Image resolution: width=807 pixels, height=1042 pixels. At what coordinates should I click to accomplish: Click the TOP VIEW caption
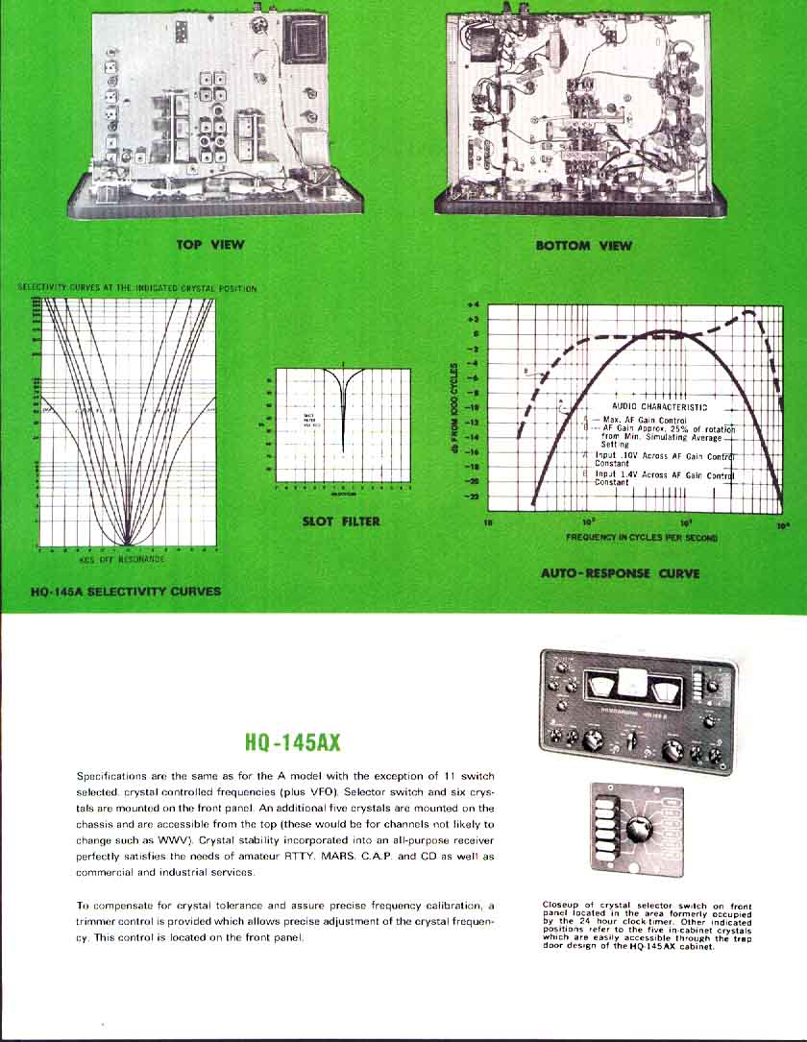coord(210,245)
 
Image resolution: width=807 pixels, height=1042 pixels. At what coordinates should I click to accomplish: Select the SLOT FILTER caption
coord(341,521)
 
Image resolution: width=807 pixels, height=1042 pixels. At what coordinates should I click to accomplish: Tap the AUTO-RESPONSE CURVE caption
coord(621,573)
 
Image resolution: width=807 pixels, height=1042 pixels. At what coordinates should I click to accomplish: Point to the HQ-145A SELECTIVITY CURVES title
coord(125,592)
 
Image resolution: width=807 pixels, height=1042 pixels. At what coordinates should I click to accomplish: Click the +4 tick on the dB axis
coord(472,303)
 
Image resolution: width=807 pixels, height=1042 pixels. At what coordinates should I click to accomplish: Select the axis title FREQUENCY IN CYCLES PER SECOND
coord(642,538)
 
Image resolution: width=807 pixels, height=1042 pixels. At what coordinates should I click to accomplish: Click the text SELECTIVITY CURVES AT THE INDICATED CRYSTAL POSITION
coord(137,287)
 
